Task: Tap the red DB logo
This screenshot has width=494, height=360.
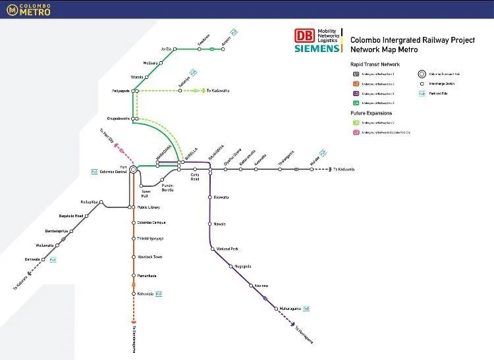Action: [304, 36]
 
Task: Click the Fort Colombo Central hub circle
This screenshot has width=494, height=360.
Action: [133, 169]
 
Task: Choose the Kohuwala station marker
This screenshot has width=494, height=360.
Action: [133, 294]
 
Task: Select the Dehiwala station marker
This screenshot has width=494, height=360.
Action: [44, 259]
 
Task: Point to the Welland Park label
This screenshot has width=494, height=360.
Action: [227, 249]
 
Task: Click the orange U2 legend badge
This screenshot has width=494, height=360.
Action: [356, 84]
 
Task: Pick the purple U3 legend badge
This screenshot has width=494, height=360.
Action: [356, 93]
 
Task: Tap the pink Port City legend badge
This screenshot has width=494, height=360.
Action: [356, 132]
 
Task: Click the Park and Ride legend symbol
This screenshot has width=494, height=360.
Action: [422, 93]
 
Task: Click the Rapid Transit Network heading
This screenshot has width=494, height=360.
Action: [375, 64]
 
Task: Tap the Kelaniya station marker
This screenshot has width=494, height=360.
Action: [180, 91]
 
